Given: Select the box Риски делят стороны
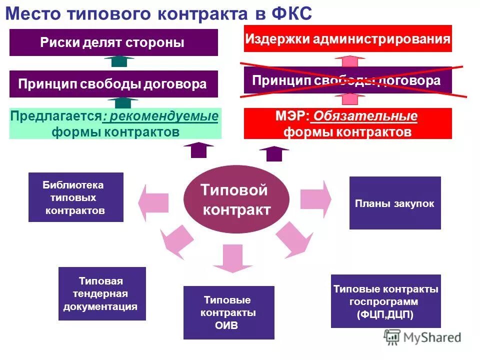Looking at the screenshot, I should pyautogui.click(x=113, y=42).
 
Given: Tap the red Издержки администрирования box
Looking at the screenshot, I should pyautogui.click(x=347, y=38).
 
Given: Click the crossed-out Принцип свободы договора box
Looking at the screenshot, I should pyautogui.click(x=347, y=80).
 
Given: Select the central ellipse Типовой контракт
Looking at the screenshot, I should pyautogui.click(x=236, y=199).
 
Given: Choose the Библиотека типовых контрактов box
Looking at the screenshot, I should pyautogui.click(x=75, y=197).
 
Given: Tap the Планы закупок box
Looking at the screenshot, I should pyautogui.click(x=394, y=203).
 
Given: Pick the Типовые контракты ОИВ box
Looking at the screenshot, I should pyautogui.click(x=228, y=312).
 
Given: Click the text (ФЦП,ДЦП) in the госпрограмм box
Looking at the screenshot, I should pyautogui.click(x=385, y=314).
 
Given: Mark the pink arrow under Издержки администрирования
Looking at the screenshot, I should pyautogui.click(x=350, y=61).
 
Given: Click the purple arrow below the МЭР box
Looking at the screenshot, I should pyautogui.click(x=274, y=153).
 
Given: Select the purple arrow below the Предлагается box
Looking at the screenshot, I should pyautogui.click(x=198, y=149).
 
